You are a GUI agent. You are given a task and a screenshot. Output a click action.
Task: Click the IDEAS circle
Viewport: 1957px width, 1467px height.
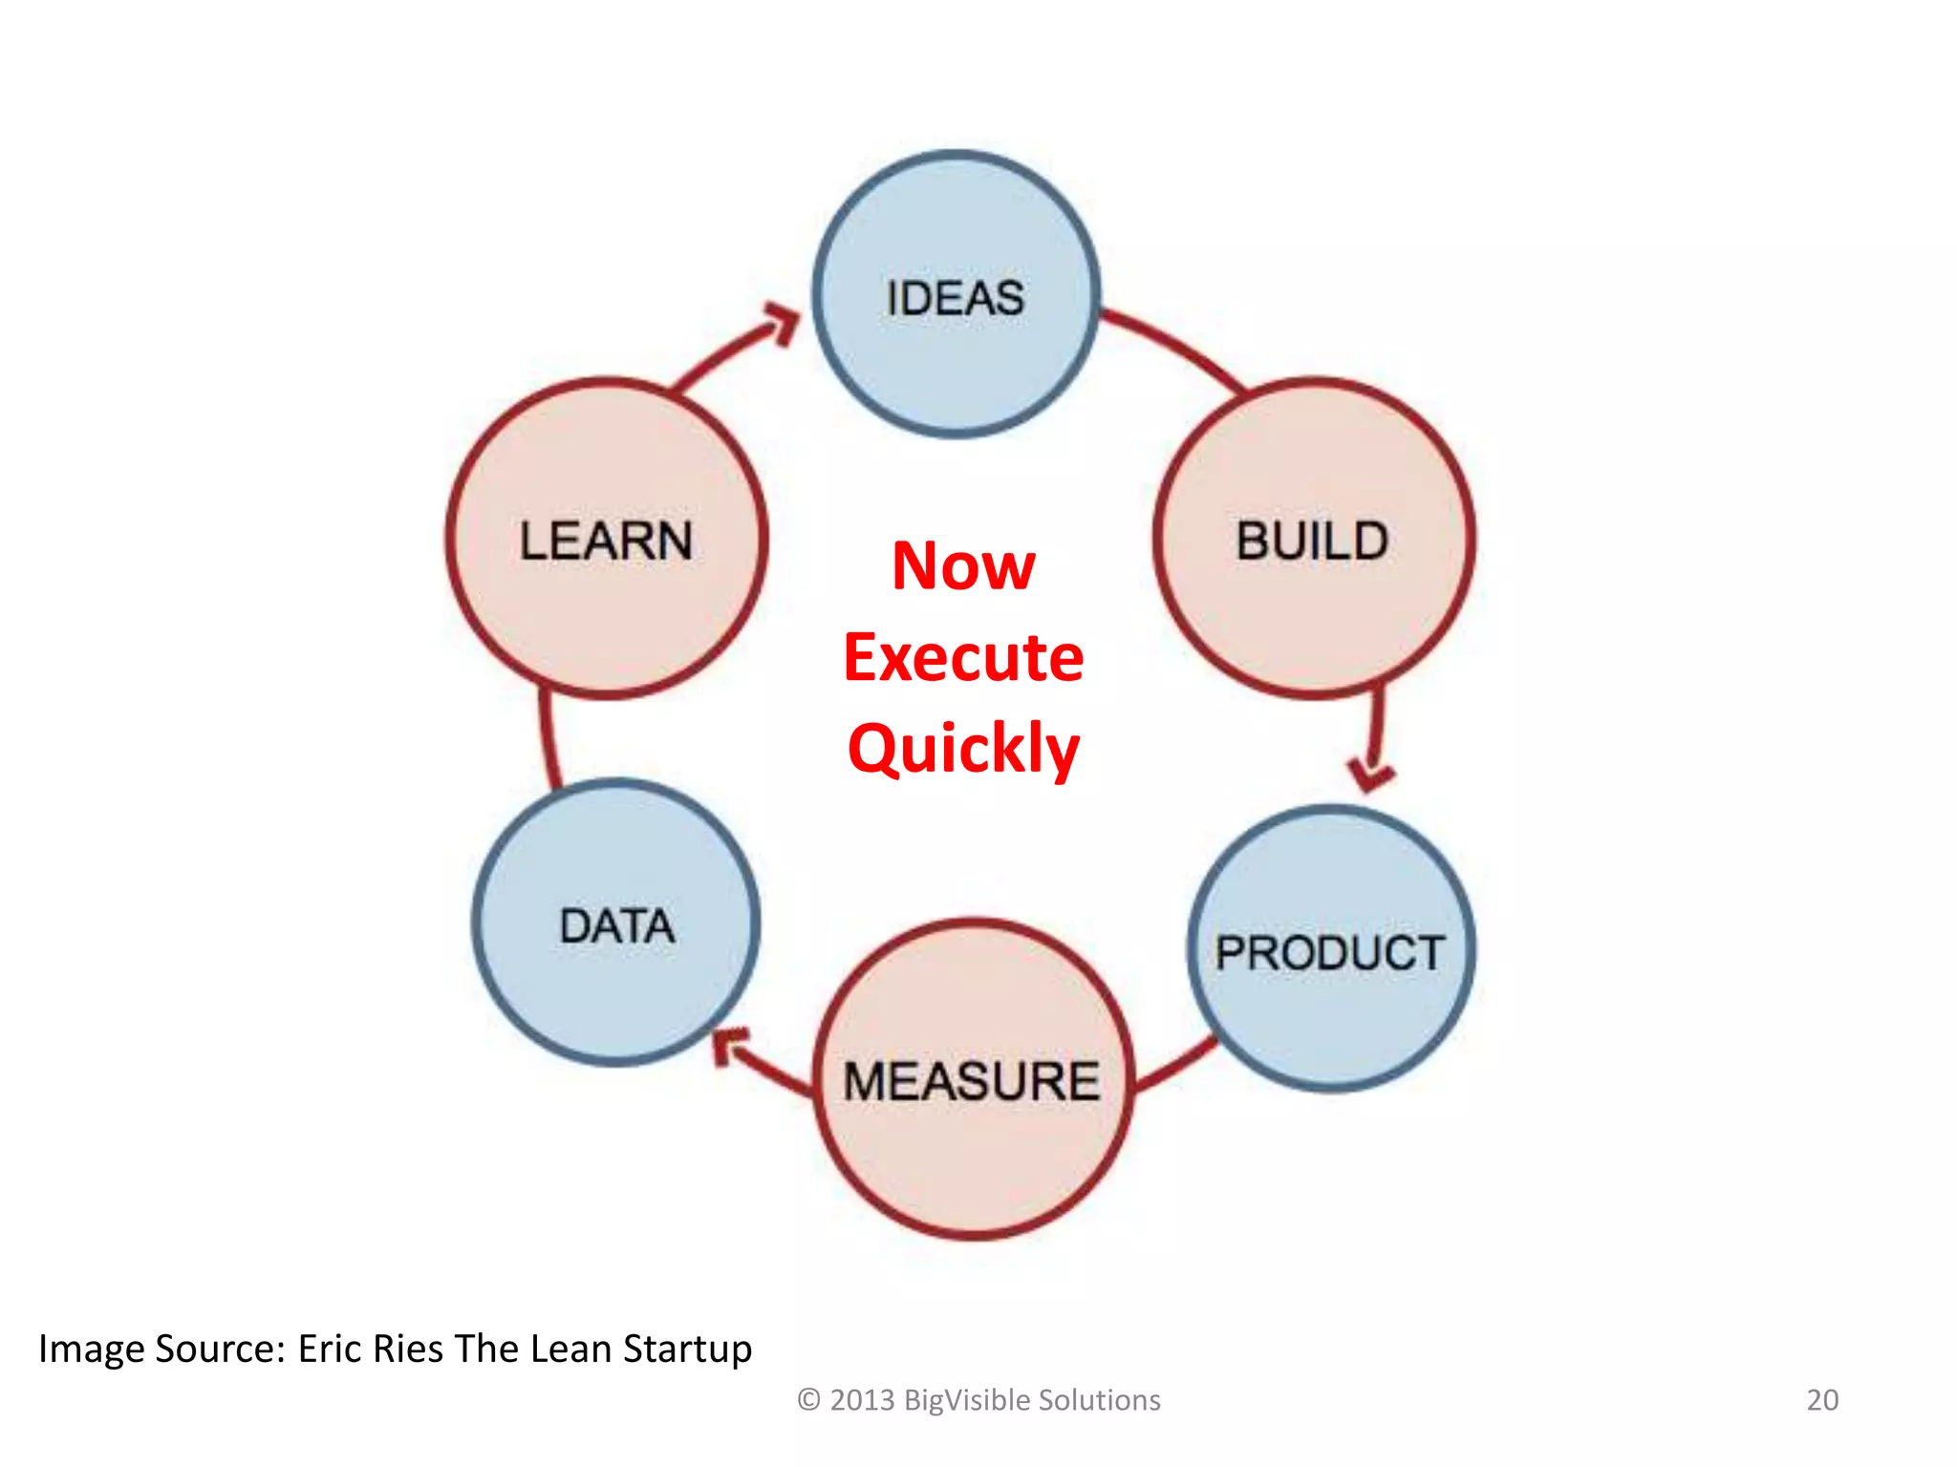[956, 294]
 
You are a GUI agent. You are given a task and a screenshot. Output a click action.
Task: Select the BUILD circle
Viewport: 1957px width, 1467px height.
[1314, 540]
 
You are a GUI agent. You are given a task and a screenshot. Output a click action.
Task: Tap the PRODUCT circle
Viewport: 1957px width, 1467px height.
[1331, 949]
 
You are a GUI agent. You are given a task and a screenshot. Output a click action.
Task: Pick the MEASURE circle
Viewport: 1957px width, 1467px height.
[973, 1079]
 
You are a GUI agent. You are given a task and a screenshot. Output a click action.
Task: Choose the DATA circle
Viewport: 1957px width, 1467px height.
[616, 923]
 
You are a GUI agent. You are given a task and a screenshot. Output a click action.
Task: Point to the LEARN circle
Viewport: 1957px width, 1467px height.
[607, 540]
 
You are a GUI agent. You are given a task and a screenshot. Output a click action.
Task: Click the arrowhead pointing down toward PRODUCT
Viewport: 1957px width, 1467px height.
[1372, 774]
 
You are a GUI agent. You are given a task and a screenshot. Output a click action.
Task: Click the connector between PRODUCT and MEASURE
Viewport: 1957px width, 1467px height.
[1175, 1065]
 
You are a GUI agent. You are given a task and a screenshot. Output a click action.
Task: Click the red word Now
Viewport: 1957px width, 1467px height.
[963, 566]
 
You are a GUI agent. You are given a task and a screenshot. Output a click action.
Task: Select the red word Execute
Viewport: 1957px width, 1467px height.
[963, 658]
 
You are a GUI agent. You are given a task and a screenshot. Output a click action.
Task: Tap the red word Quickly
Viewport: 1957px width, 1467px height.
[963, 750]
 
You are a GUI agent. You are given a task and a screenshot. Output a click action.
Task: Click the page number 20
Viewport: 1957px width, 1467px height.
[1822, 1400]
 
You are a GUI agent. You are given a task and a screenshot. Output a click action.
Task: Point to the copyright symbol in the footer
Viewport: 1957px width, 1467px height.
[808, 1400]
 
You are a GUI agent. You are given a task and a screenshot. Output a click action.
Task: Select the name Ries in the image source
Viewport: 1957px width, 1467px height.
[408, 1349]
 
